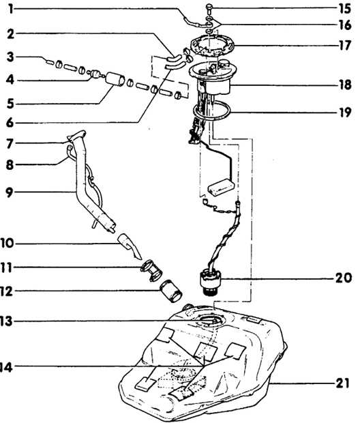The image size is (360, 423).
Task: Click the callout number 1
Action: click(11, 9)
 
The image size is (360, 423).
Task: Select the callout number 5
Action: click(10, 103)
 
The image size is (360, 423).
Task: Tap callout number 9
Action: click(10, 192)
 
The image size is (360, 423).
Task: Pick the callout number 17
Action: click(345, 45)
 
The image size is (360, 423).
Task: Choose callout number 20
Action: click(344, 278)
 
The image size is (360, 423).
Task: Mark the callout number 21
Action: click(343, 383)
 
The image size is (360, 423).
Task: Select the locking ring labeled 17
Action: click(212, 46)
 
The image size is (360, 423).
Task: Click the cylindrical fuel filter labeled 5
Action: click(115, 79)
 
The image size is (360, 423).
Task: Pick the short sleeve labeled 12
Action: click(171, 291)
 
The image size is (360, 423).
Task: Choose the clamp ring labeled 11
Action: click(151, 270)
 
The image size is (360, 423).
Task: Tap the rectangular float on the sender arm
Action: click(221, 187)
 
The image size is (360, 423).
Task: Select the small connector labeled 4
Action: click(95, 74)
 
